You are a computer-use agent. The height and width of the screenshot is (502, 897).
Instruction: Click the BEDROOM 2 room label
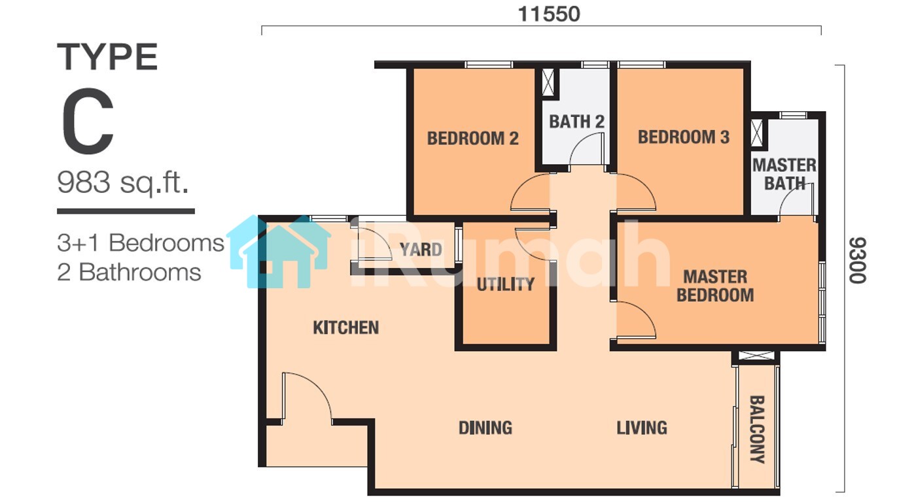472,139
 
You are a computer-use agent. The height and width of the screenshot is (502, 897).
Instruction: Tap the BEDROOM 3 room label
684,137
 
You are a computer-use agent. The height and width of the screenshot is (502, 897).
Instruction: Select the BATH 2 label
576,122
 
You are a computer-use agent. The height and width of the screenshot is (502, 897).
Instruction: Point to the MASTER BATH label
784,175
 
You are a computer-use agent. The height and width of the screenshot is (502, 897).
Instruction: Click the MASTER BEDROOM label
715,286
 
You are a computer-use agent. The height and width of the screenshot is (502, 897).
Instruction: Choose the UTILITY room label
505,284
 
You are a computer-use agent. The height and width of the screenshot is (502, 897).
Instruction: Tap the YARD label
421,250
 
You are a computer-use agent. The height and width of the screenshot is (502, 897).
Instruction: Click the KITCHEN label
345,327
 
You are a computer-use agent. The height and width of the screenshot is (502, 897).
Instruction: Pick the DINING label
485,427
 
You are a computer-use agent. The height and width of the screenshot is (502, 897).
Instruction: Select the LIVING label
642,427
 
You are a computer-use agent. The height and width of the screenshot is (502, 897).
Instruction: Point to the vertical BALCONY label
757,429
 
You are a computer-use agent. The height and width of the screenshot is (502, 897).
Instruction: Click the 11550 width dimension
549,14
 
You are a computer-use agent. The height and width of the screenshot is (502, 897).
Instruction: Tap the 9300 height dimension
858,260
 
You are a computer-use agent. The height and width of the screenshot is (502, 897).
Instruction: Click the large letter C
88,121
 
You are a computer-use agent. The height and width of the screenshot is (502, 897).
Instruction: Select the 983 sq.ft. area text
122,183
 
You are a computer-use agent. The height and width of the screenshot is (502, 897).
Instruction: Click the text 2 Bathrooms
129,273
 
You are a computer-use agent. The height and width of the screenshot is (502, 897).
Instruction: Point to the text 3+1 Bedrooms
141,243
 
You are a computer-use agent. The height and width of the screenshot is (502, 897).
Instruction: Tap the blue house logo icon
279,252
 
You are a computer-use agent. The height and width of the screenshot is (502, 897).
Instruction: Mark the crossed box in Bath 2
548,82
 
